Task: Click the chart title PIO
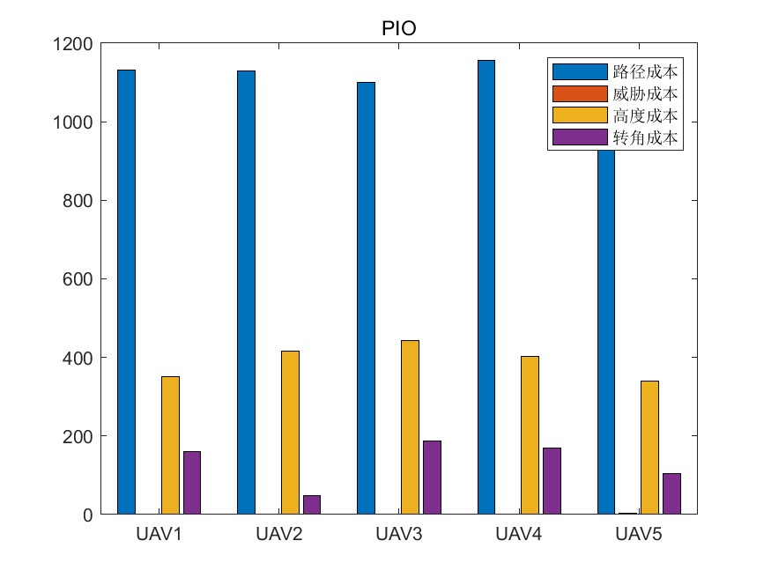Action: (x=398, y=28)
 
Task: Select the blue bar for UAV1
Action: (x=126, y=291)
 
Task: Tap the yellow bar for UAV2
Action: (x=290, y=432)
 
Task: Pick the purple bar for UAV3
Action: (x=432, y=477)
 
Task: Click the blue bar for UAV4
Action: (x=486, y=286)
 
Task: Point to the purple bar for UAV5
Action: (x=671, y=493)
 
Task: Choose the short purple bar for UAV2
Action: (x=312, y=504)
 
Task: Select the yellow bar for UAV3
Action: (x=410, y=426)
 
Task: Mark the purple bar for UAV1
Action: (x=192, y=482)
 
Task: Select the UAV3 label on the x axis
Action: (x=398, y=535)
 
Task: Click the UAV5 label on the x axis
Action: (x=638, y=535)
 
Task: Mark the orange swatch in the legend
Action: (x=579, y=93)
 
